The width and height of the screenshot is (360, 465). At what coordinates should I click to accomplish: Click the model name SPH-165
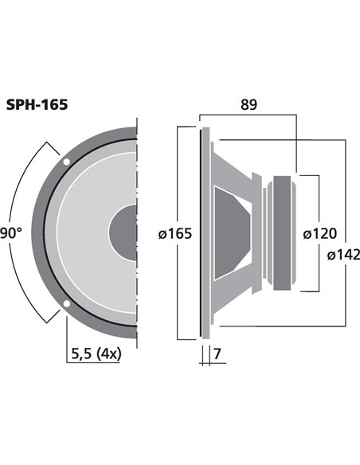click(37, 104)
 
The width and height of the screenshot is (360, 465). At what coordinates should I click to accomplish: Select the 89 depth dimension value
click(248, 104)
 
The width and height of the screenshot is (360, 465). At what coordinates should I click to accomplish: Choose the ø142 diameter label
click(344, 255)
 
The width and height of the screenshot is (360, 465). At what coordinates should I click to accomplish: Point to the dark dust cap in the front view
click(124, 232)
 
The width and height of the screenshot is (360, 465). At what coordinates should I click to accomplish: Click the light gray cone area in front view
click(88, 233)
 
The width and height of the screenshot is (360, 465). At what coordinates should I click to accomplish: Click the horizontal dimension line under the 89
click(248, 115)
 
